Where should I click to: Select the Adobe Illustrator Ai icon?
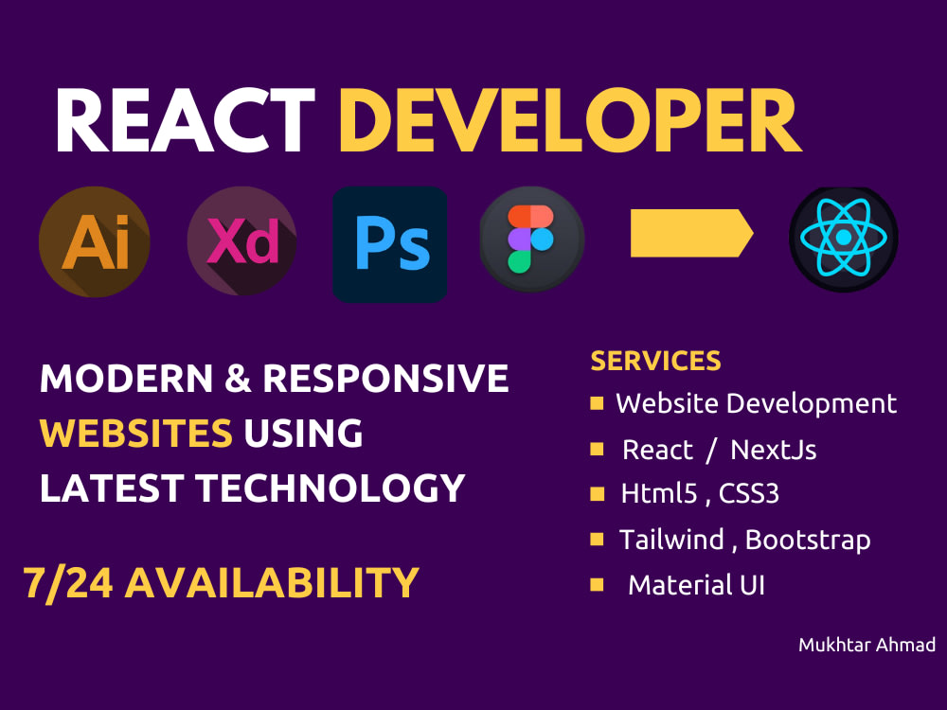click(94, 241)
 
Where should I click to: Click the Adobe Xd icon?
click(242, 241)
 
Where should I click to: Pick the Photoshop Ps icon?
click(390, 244)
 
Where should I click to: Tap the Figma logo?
click(531, 239)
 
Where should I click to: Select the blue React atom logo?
click(844, 239)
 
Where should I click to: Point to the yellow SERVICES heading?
click(655, 361)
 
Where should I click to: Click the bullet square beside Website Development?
click(597, 403)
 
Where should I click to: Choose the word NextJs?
click(774, 450)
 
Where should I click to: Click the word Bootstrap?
click(808, 540)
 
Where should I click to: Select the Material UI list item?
click(696, 585)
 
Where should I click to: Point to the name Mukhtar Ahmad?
click(867, 646)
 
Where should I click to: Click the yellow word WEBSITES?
click(136, 434)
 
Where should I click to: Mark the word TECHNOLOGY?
click(331, 488)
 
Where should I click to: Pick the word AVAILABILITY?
click(272, 583)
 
